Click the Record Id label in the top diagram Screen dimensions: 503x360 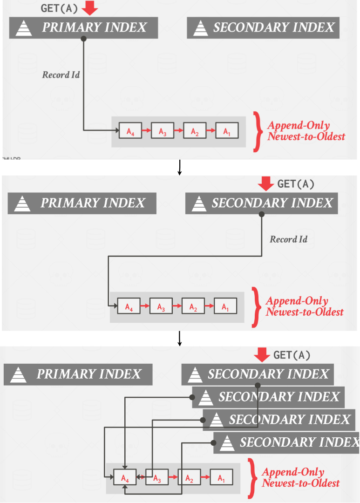[x=61, y=75]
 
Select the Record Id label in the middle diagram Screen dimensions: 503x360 [x=289, y=239]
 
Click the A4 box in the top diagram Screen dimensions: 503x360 [x=130, y=131]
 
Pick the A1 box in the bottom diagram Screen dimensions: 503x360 [x=221, y=478]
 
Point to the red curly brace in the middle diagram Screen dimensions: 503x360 [x=256, y=306]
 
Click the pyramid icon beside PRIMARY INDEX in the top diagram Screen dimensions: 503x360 [x=23, y=28]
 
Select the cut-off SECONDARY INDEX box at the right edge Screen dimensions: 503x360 [x=286, y=442]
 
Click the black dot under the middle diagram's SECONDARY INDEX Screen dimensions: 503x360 [x=262, y=215]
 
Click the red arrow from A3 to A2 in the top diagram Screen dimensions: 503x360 [x=178, y=131]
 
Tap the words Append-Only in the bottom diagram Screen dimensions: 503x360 [x=293, y=472]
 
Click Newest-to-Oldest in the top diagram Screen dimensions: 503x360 [x=306, y=136]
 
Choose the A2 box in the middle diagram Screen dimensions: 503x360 [x=193, y=307]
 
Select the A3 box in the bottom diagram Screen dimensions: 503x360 [x=157, y=478]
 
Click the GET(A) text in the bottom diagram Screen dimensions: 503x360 [x=292, y=356]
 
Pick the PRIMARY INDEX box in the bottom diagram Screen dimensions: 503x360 [x=78, y=374]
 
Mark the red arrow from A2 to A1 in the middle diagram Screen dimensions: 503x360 [x=209, y=307]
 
